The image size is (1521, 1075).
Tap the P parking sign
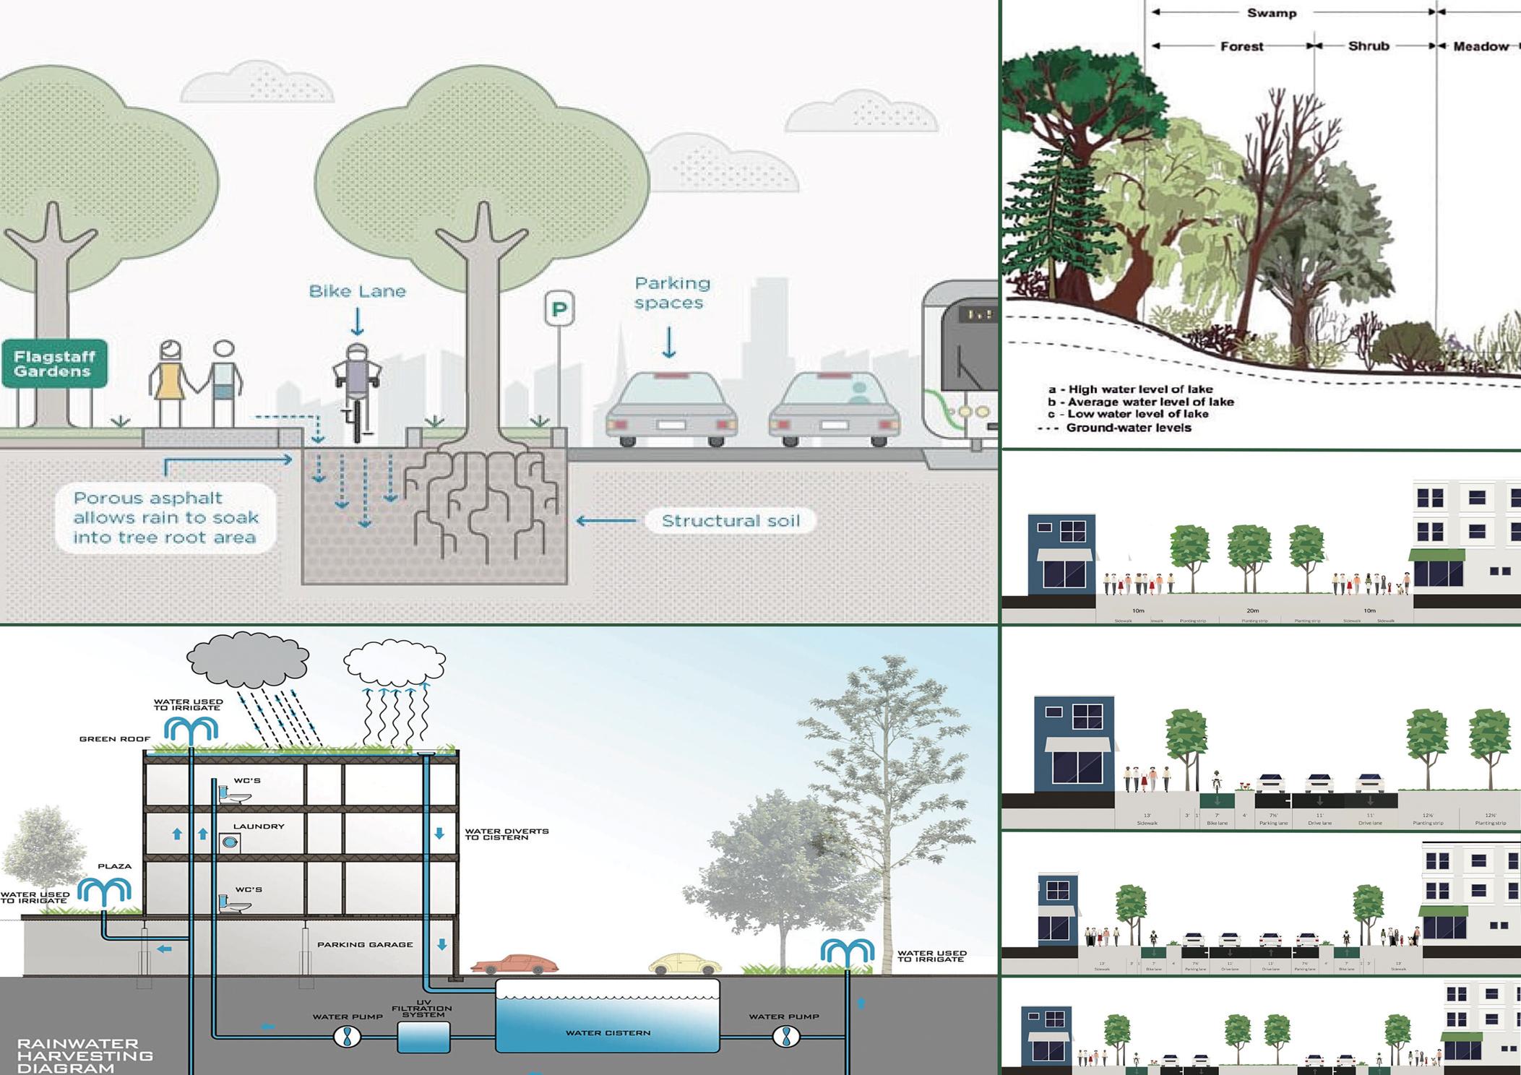click(x=559, y=309)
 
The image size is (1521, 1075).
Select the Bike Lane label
click(x=357, y=291)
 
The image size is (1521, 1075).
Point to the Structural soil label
click(x=730, y=521)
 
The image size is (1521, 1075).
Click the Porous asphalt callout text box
click(x=165, y=518)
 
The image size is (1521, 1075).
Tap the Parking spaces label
click(x=671, y=293)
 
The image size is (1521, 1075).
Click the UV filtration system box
click(x=423, y=1036)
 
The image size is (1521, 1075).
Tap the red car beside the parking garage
click(x=514, y=964)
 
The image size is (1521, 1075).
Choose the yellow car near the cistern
click(x=684, y=964)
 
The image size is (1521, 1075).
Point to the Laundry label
click(x=258, y=826)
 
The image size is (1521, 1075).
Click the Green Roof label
click(x=115, y=739)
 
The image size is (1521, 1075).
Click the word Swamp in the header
click(x=1271, y=13)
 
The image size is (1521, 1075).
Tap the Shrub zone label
click(x=1368, y=46)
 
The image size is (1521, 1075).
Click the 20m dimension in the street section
click(x=1252, y=610)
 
